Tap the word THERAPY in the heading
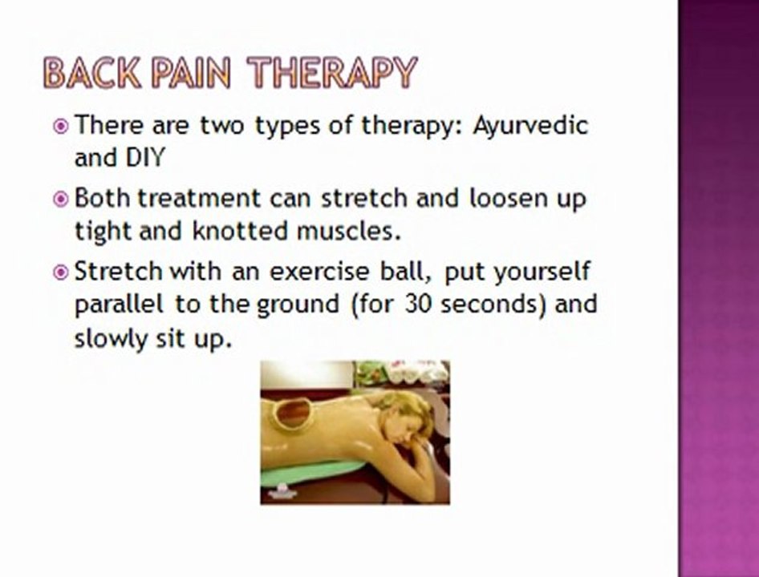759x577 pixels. click(332, 74)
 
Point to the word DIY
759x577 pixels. click(143, 157)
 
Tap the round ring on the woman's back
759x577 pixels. click(292, 413)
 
